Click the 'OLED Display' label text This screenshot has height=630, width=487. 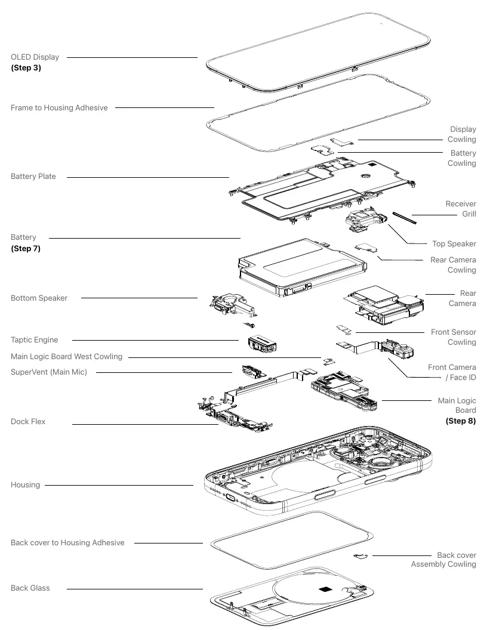click(x=35, y=57)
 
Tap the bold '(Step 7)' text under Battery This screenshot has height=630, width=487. click(x=26, y=248)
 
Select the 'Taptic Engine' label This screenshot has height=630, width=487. click(x=35, y=340)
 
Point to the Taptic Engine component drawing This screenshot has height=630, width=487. click(x=262, y=344)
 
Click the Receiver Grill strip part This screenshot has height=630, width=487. click(x=404, y=218)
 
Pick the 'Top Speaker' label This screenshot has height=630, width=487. click(x=454, y=244)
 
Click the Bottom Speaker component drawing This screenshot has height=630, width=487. click(x=233, y=306)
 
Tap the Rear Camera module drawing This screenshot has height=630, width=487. click(x=384, y=304)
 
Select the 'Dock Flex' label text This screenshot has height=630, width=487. click(x=28, y=421)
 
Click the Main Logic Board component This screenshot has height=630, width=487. click(x=344, y=392)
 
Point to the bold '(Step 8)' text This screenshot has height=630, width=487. click(x=461, y=421)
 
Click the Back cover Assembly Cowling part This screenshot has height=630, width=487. click(x=361, y=557)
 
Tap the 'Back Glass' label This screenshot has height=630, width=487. click(x=30, y=588)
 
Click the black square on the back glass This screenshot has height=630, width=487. click(x=324, y=589)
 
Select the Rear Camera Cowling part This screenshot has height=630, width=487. click(x=366, y=248)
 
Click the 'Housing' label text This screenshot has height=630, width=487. click(x=25, y=485)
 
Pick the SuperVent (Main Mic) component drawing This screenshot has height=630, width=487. click(x=254, y=372)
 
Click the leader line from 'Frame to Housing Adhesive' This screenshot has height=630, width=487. click(x=165, y=107)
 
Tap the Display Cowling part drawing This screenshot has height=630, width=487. click(x=342, y=142)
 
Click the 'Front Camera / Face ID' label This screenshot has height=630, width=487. click(x=452, y=372)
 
